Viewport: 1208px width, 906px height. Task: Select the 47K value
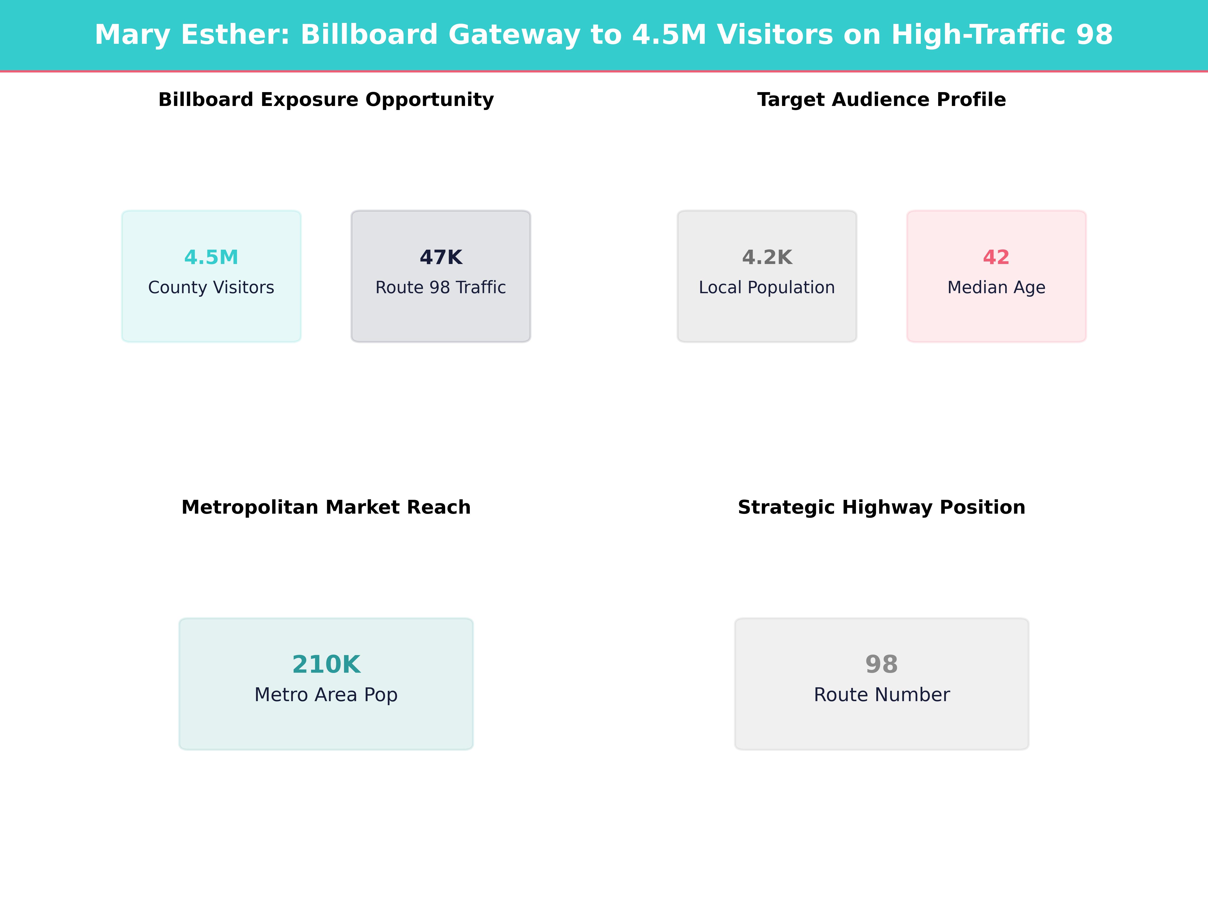click(x=441, y=257)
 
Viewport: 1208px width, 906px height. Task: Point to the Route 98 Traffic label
click(x=441, y=287)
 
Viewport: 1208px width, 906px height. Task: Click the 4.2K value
click(x=767, y=257)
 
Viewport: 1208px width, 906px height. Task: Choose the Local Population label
click(x=767, y=287)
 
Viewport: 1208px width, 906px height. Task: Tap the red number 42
click(x=996, y=257)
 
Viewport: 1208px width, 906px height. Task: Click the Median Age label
click(x=996, y=287)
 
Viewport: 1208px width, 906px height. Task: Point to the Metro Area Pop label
click(x=326, y=695)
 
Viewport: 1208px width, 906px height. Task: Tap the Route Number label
click(x=881, y=695)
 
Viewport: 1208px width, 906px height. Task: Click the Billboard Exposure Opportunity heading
click(x=326, y=100)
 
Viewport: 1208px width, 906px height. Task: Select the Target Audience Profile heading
click(x=881, y=100)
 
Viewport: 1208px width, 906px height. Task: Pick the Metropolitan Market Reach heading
click(x=326, y=507)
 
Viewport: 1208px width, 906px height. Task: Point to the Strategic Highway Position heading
click(x=881, y=507)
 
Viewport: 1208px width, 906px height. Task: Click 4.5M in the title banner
click(x=669, y=35)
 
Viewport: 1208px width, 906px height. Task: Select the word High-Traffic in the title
click(x=977, y=35)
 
